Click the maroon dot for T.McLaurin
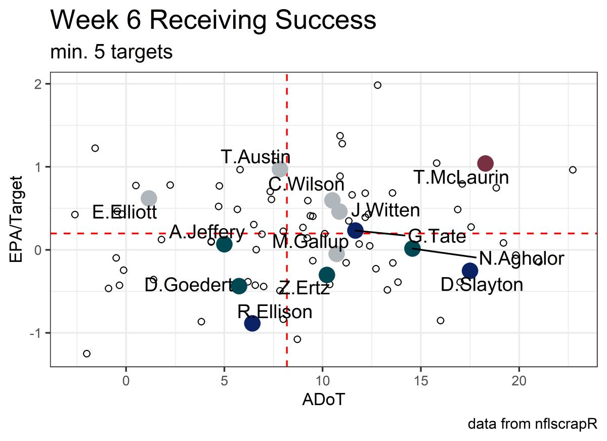[x=485, y=163]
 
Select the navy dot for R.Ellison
[x=252, y=323]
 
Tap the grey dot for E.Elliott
[x=149, y=198]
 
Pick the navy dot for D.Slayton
[x=470, y=271]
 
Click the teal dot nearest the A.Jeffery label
[x=224, y=244]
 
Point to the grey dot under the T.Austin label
[x=280, y=169]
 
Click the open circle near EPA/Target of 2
[x=377, y=85]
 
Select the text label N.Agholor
[x=521, y=259]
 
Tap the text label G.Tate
[x=437, y=236]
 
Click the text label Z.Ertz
[x=304, y=289]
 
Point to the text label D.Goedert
[x=188, y=285]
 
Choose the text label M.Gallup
[x=310, y=241]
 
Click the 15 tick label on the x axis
[x=420, y=377]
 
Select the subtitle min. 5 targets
[x=111, y=52]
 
